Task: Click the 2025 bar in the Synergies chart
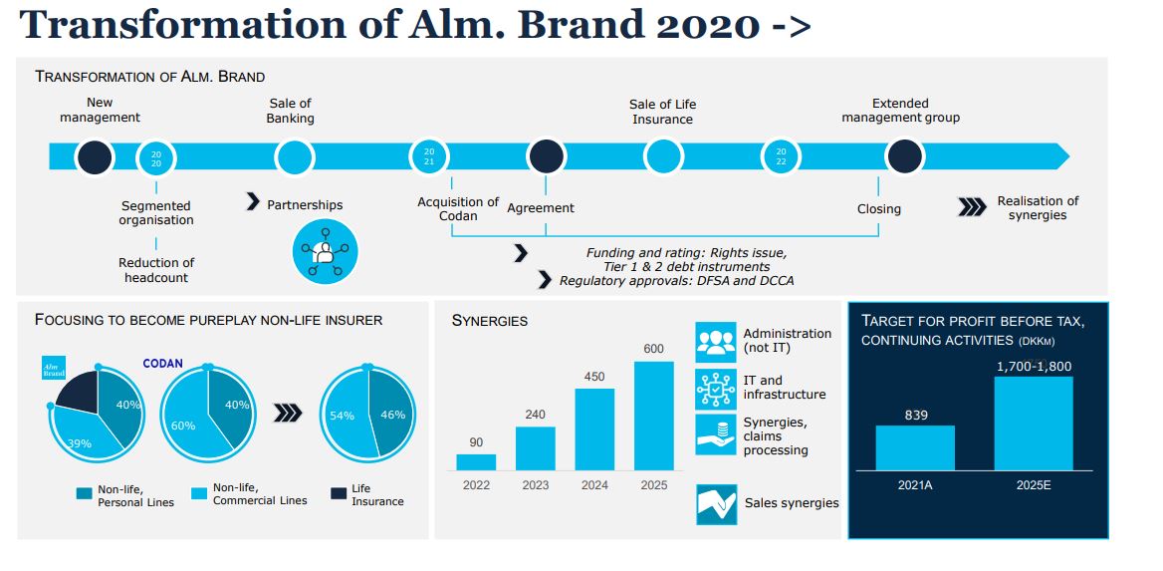(x=653, y=416)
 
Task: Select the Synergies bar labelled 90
(x=476, y=461)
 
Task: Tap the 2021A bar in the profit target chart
(x=915, y=447)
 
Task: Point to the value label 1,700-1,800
(x=1034, y=367)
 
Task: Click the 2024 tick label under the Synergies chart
(x=594, y=484)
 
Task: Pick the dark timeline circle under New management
(x=95, y=156)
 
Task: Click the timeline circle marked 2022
(x=781, y=156)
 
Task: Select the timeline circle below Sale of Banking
(x=295, y=156)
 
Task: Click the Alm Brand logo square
(x=54, y=368)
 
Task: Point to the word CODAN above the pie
(x=162, y=364)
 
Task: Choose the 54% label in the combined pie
(x=342, y=416)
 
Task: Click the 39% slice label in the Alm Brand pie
(x=80, y=442)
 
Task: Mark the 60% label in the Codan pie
(x=183, y=426)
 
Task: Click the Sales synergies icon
(x=716, y=503)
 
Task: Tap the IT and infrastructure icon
(x=715, y=388)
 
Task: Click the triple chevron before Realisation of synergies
(x=972, y=207)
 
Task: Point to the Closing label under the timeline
(x=878, y=209)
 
